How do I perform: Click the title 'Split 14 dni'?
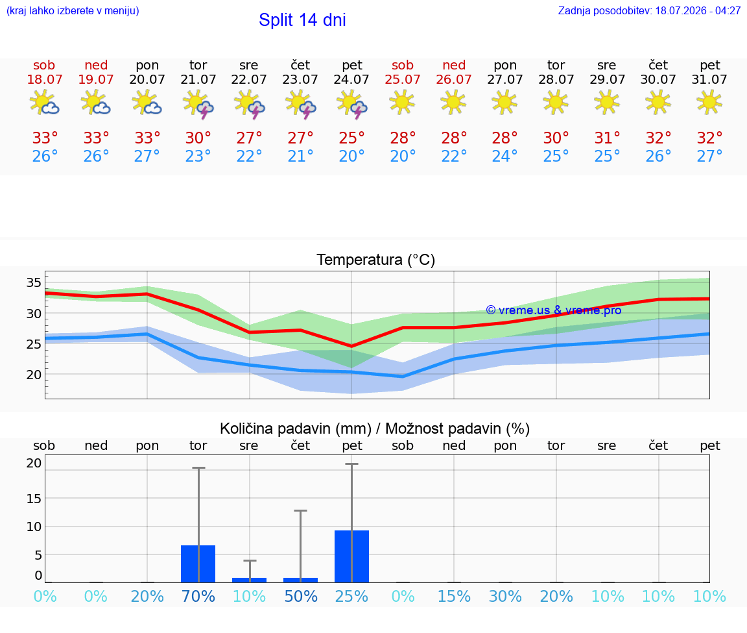pos(302,20)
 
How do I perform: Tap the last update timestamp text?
pos(649,10)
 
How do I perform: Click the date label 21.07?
pos(198,79)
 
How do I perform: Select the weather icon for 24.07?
pos(351,103)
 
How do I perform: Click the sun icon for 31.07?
pos(709,102)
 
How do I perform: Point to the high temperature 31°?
pos(607,138)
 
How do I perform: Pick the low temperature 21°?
pos(300,156)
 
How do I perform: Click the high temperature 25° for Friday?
pos(351,138)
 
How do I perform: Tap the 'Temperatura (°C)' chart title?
pos(376,260)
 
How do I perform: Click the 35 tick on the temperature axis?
pos(34,282)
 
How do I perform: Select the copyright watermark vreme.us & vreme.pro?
pos(554,310)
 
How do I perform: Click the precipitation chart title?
pos(375,428)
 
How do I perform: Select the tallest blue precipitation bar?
pos(351,556)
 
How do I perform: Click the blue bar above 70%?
pos(198,564)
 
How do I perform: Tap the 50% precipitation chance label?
pos(300,596)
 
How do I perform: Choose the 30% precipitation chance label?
pos(505,596)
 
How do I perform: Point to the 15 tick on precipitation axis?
pos(34,499)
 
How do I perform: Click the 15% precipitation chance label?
pos(454,596)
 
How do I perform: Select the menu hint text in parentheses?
pos(73,10)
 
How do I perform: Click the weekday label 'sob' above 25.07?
pos(403,65)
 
